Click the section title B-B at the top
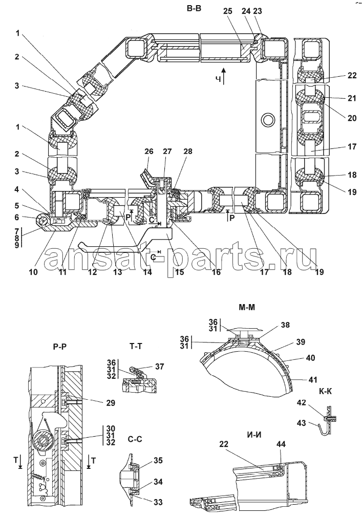[194, 8]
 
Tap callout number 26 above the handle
[149, 152]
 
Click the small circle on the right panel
[266, 119]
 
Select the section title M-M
[247, 308]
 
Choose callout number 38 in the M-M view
[285, 325]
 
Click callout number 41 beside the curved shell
[313, 379]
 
